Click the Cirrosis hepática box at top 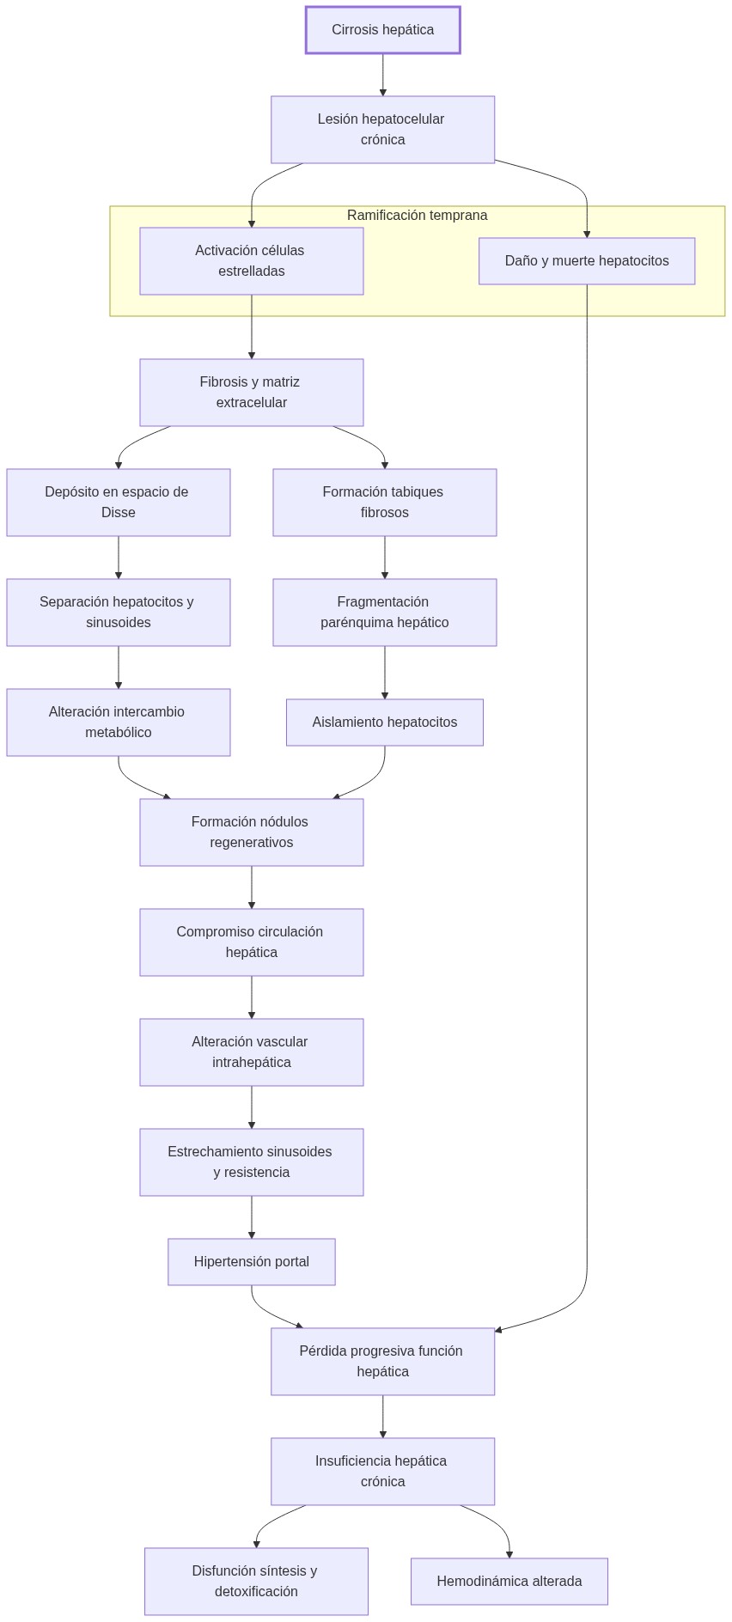382,30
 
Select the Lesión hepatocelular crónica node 382,130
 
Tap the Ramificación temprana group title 417,216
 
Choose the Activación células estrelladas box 251,261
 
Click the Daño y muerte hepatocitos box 586,261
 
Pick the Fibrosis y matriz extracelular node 251,393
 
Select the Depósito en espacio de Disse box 118,503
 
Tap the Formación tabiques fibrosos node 384,503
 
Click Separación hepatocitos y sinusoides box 118,613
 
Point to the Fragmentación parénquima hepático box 384,613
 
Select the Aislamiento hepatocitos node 384,723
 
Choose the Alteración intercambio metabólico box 118,723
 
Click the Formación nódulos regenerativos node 251,832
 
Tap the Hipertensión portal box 251,1262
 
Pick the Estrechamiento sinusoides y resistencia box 251,1162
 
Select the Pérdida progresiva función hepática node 382,1362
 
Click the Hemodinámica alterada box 509,1582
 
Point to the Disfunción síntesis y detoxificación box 256,1582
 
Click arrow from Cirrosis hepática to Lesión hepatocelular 382,75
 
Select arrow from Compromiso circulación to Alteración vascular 252,997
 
